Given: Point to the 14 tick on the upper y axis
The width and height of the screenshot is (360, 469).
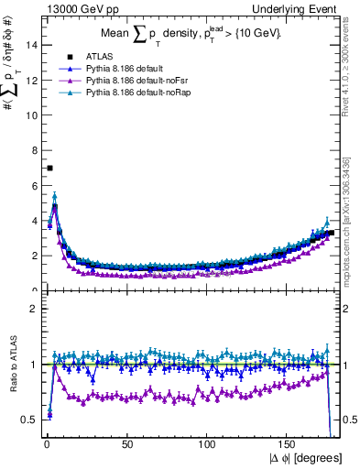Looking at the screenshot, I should coord(31,45).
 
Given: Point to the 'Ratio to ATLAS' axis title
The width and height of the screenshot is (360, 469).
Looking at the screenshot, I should coord(12,365).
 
